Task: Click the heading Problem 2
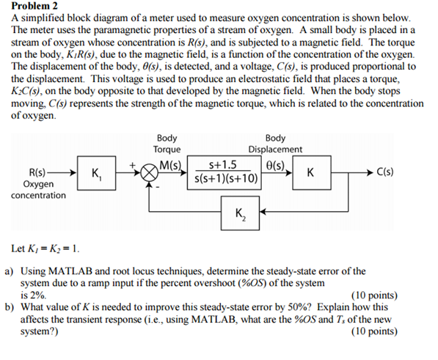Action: (32, 6)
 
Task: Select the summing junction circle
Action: (150, 175)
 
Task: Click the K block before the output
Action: (312, 174)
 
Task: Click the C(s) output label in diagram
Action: (385, 174)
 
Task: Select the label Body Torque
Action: (167, 143)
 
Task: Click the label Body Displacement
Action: (275, 143)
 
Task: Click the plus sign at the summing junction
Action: (135, 166)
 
